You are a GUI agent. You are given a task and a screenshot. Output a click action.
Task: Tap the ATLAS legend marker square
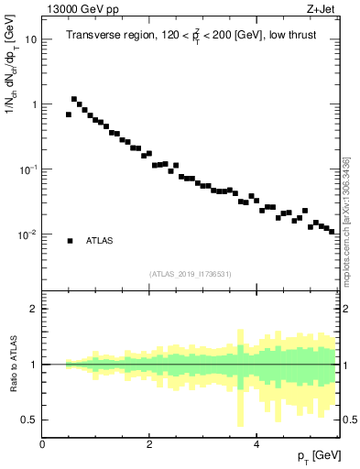(x=70, y=241)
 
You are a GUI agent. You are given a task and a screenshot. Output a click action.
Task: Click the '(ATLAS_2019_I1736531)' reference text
(x=191, y=274)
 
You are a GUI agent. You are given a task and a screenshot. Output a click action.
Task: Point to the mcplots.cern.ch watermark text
(x=345, y=220)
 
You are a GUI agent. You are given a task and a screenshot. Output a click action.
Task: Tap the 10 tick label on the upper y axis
(x=31, y=39)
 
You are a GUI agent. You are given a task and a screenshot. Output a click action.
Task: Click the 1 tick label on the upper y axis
(x=33, y=104)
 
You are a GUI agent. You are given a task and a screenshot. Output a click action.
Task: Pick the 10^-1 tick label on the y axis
(x=27, y=169)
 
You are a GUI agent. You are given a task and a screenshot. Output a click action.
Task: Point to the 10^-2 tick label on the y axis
(x=27, y=234)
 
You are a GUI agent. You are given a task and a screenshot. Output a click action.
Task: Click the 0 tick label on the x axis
(x=42, y=445)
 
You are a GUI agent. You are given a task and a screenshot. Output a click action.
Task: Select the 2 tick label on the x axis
(x=149, y=445)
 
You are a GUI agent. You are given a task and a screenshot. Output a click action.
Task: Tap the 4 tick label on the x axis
(x=256, y=445)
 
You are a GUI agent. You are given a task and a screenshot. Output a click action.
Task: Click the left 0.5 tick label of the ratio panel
(x=29, y=420)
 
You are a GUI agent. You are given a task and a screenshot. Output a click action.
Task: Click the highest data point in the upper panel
(x=74, y=99)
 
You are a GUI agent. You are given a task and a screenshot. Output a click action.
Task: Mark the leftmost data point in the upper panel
(x=69, y=115)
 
